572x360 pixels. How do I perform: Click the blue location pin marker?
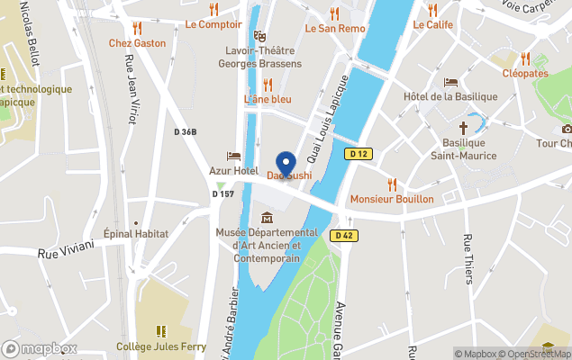click(x=286, y=165)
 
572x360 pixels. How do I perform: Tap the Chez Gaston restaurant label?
click(x=138, y=42)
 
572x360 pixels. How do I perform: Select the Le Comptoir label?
click(x=213, y=24)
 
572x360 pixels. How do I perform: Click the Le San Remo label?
click(x=335, y=28)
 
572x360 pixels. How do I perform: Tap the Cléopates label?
click(x=525, y=73)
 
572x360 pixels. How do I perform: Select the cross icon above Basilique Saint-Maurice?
click(x=464, y=128)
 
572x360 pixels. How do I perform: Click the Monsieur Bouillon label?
click(x=392, y=199)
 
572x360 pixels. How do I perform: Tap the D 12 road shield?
click(x=359, y=154)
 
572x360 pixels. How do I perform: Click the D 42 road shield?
click(x=343, y=236)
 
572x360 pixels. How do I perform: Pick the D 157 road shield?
click(x=223, y=193)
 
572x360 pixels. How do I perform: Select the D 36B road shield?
click(x=186, y=132)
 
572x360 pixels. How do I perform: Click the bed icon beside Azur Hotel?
click(x=233, y=156)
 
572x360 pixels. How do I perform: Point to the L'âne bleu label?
click(x=268, y=99)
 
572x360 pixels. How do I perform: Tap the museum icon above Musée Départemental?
click(x=268, y=218)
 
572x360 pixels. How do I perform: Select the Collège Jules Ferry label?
click(x=161, y=346)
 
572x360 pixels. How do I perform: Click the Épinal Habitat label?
click(x=136, y=234)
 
